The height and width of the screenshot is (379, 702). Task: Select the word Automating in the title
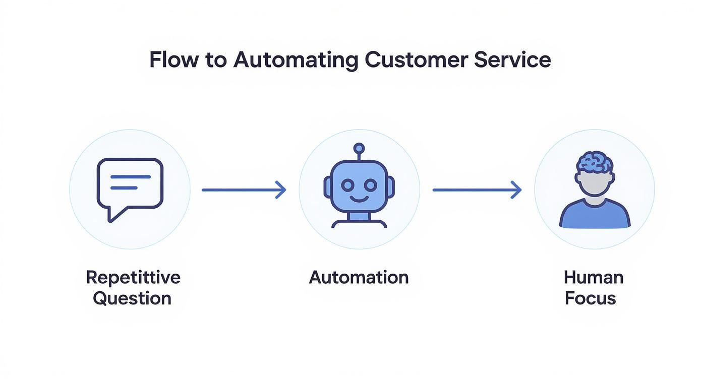[x=295, y=60]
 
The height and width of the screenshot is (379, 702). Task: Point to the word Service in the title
[x=512, y=60]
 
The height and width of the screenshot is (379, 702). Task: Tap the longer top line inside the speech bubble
[x=130, y=177]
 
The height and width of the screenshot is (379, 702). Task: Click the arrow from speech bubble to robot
[x=244, y=190]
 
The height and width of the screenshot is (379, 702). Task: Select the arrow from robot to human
[x=477, y=190]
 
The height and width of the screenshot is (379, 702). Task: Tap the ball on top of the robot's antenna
[x=359, y=148]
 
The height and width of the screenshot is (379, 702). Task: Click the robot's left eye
[x=347, y=185]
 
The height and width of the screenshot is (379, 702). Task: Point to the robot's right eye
[x=370, y=185]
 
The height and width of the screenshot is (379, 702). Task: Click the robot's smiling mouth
[x=359, y=199]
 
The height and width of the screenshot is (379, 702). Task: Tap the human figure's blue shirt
[x=595, y=215]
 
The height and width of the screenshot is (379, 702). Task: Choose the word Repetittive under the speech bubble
[x=133, y=277]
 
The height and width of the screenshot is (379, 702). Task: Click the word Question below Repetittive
[x=132, y=298]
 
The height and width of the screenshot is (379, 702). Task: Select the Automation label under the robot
[x=359, y=277]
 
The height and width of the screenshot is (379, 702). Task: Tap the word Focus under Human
[x=590, y=298]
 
